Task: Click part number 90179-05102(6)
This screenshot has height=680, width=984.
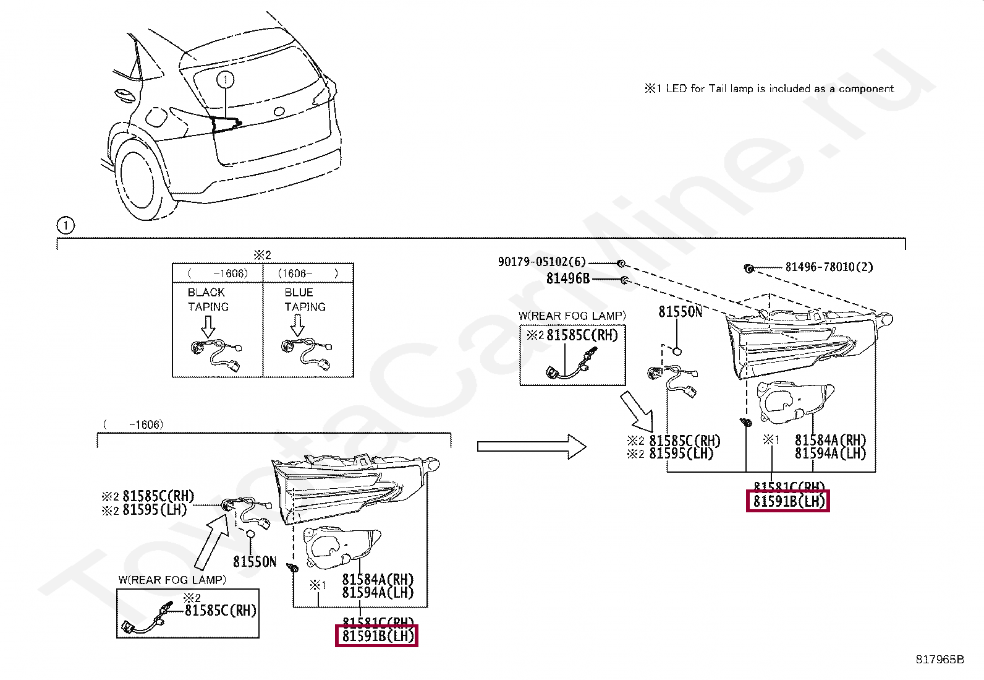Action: pyautogui.click(x=541, y=262)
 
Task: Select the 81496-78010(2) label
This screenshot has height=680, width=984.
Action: pyautogui.click(x=829, y=267)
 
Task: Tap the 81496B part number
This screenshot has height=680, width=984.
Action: pyautogui.click(x=568, y=278)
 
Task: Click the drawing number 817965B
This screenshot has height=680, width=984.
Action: pyautogui.click(x=939, y=659)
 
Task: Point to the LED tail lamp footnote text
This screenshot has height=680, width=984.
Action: pyautogui.click(x=769, y=88)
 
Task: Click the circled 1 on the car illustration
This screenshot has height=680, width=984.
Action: pyautogui.click(x=226, y=80)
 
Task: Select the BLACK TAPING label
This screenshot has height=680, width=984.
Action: pyautogui.click(x=208, y=299)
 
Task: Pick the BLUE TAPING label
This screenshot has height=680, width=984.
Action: pyautogui.click(x=305, y=299)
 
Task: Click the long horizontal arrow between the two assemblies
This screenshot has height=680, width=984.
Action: pyautogui.click(x=532, y=446)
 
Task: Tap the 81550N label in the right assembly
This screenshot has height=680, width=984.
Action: pyautogui.click(x=680, y=312)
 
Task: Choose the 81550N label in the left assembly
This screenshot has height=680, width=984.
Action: pyautogui.click(x=255, y=562)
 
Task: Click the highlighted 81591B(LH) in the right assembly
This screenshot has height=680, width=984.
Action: pyautogui.click(x=788, y=501)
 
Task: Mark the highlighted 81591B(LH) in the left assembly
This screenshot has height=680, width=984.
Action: pyautogui.click(x=377, y=636)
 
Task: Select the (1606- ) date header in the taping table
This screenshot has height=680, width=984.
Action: pyautogui.click(x=308, y=273)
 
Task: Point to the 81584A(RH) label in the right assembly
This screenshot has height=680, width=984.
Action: pyautogui.click(x=830, y=440)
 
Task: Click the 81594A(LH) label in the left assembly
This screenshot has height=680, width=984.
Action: pyautogui.click(x=378, y=593)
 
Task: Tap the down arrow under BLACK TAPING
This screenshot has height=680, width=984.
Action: pyautogui.click(x=208, y=326)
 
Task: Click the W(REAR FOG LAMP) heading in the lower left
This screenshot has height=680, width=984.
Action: pyautogui.click(x=172, y=580)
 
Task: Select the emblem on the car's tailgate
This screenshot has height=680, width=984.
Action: pyautogui.click(x=279, y=111)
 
